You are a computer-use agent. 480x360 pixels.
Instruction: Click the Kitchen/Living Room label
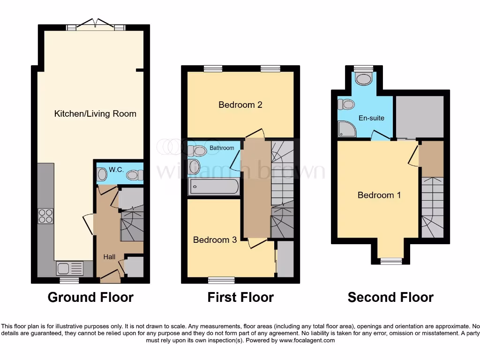[95, 113]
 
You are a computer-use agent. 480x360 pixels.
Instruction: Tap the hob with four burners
[45, 216]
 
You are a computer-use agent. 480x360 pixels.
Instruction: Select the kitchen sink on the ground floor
[70, 268]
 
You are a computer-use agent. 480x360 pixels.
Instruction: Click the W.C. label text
[116, 169]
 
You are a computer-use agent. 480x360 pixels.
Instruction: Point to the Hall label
[109, 256]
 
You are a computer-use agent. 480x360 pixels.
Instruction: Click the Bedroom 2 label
[240, 105]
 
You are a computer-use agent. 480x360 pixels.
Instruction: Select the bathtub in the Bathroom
[214, 187]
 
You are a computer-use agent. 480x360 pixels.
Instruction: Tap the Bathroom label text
[222, 148]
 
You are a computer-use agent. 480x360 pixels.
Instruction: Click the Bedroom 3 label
[215, 240]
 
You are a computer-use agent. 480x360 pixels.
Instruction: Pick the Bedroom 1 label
[379, 195]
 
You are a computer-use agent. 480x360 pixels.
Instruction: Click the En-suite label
[371, 118]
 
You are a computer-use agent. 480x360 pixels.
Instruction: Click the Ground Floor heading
[90, 297]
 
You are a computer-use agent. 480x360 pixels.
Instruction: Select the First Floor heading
[240, 297]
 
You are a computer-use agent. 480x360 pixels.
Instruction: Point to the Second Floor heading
[390, 297]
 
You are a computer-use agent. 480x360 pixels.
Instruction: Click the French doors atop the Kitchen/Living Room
[96, 25]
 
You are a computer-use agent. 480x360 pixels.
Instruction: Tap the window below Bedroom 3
[221, 280]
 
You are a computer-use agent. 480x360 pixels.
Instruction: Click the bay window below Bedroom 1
[391, 261]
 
